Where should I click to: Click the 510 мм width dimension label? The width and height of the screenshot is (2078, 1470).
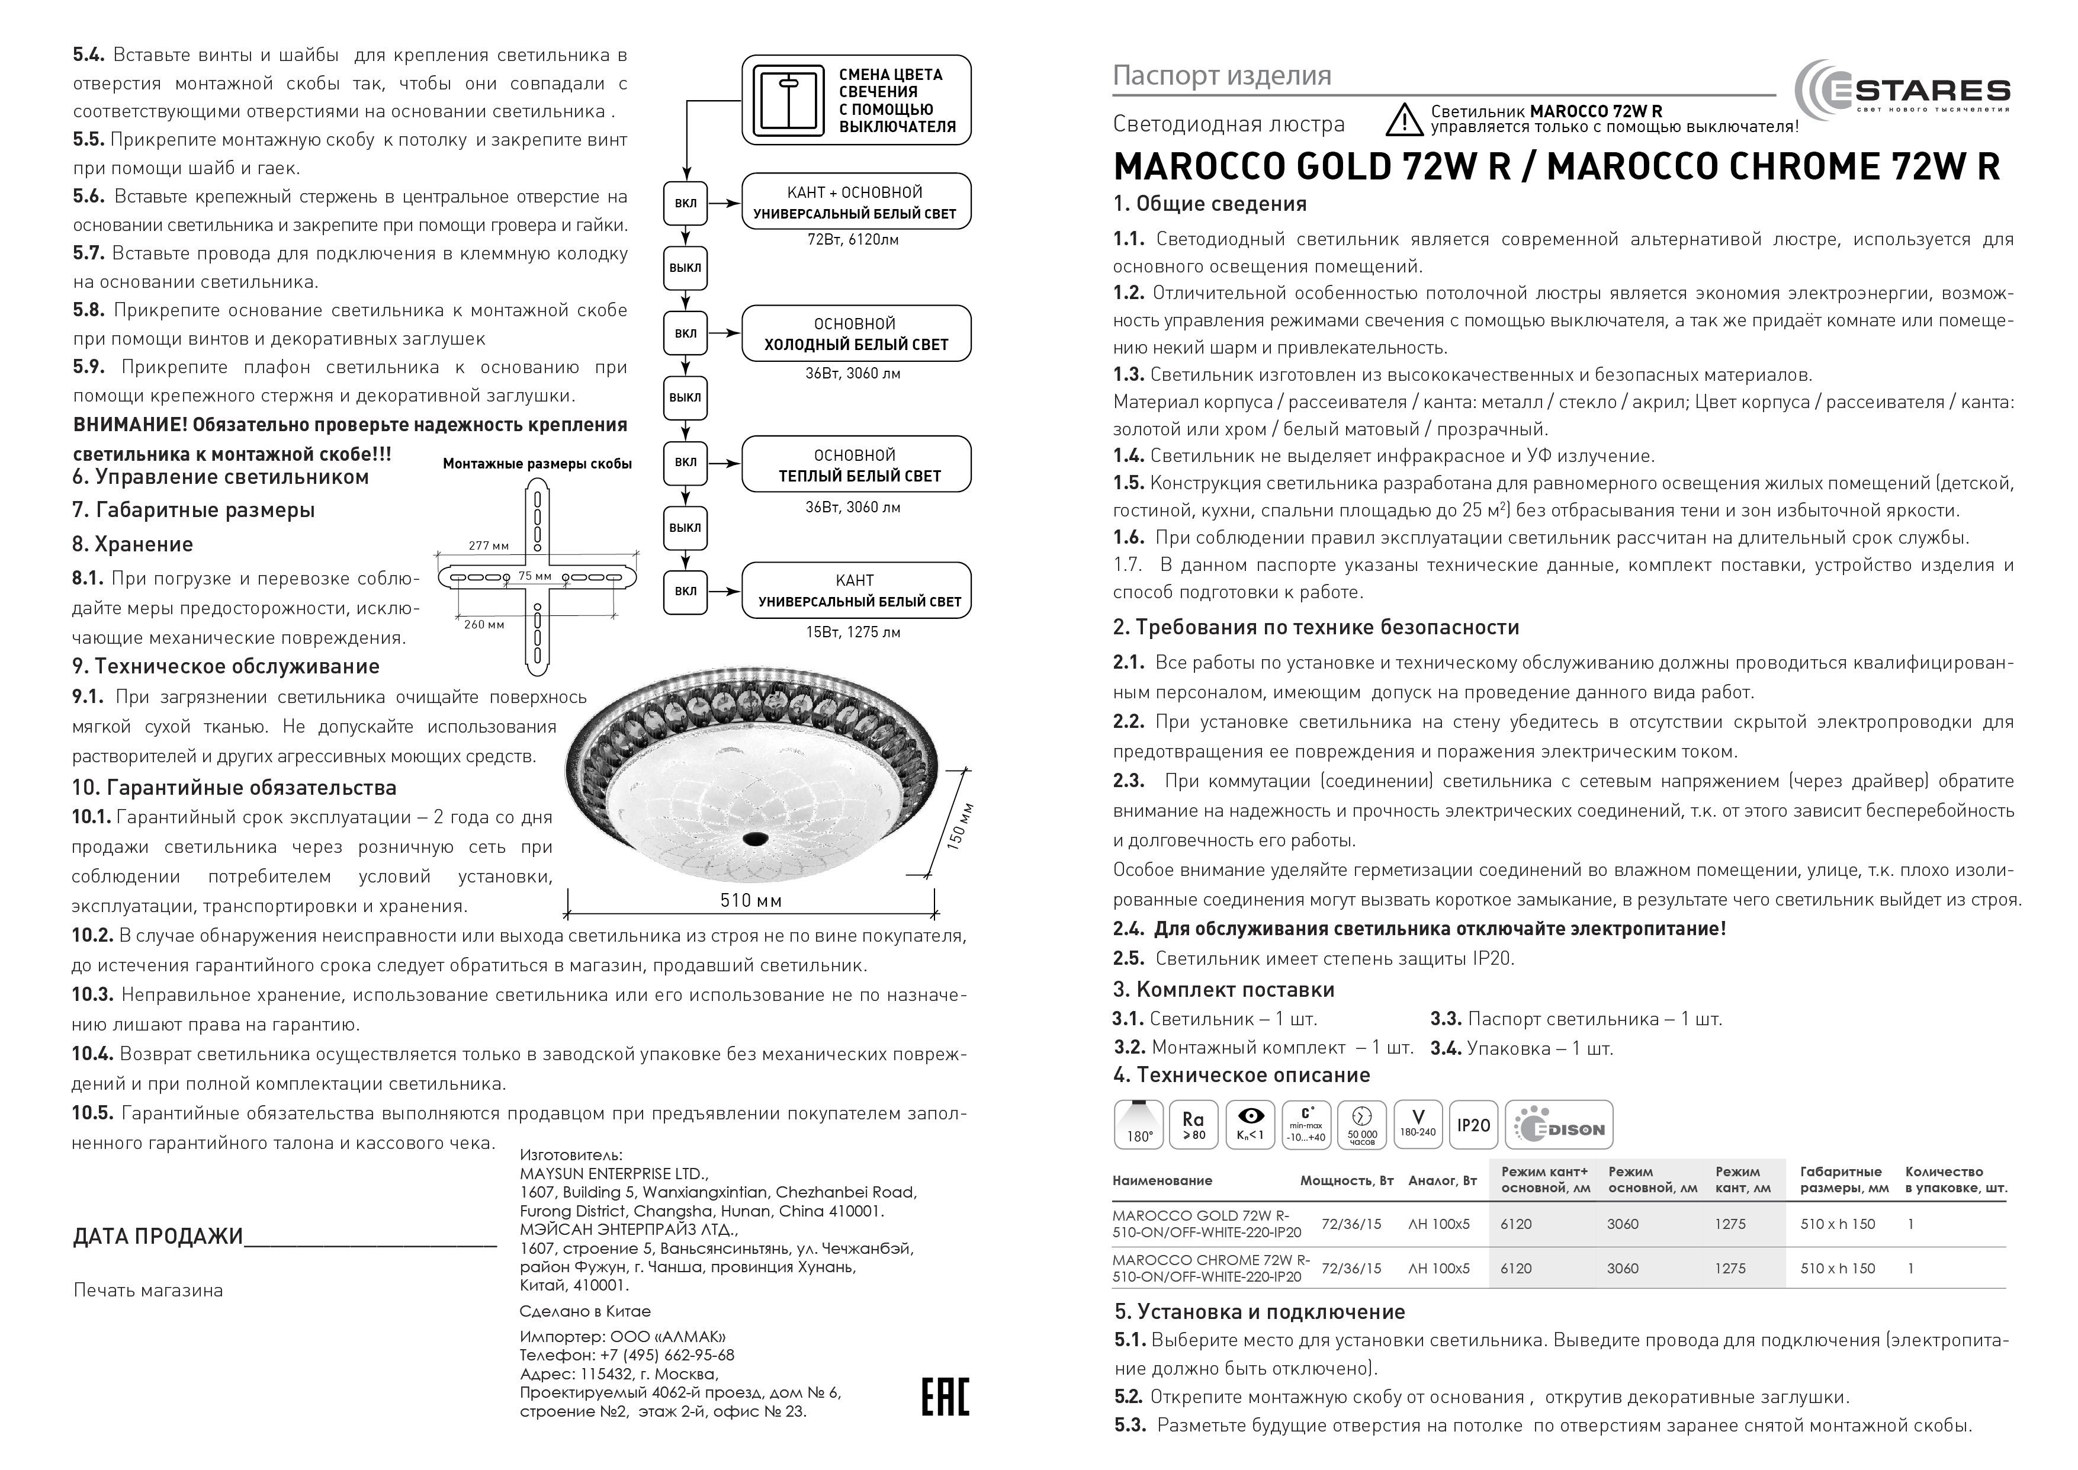click(x=751, y=901)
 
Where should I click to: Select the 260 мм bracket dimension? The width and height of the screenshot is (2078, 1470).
click(x=484, y=625)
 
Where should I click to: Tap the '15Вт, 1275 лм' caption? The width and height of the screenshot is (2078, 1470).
click(x=853, y=632)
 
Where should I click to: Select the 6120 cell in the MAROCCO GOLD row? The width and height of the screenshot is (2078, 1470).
click(x=1516, y=1224)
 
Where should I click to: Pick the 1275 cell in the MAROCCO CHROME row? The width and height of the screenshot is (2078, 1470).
click(x=1730, y=1268)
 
